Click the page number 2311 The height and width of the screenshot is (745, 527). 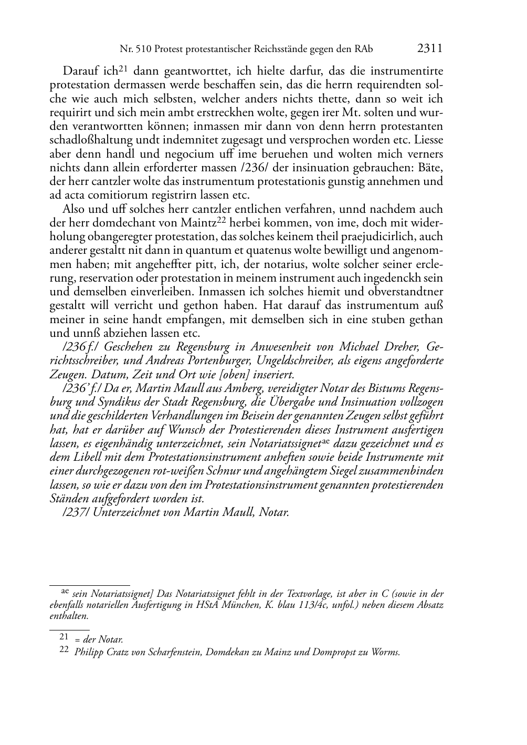pos(430,49)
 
